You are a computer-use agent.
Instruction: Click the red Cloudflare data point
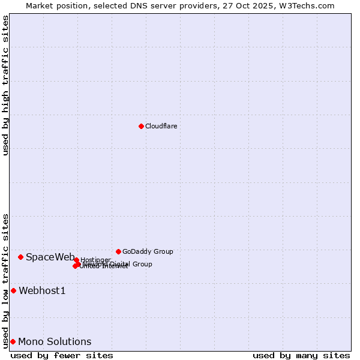coord(141,126)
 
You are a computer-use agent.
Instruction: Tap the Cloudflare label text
coord(161,126)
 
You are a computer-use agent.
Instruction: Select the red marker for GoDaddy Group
coord(118,251)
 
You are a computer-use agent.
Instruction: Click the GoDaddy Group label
coord(148,251)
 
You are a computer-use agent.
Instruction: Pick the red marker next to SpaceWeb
coord(20,257)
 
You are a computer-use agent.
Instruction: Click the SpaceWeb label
coord(50,257)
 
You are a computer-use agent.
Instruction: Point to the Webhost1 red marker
coord(13,290)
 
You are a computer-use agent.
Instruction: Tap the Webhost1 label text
coord(42,291)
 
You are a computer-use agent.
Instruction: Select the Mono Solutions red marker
coord(13,341)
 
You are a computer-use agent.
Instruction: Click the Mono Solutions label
coord(55,342)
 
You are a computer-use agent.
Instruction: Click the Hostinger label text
coord(95,260)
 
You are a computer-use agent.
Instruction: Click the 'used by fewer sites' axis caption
coord(62,355)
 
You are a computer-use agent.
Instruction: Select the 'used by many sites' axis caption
coord(301,355)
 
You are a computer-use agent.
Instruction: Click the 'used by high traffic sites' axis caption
coord(5,85)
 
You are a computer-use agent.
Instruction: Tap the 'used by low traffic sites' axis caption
coord(5,281)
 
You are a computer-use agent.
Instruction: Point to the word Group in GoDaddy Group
coord(163,251)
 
